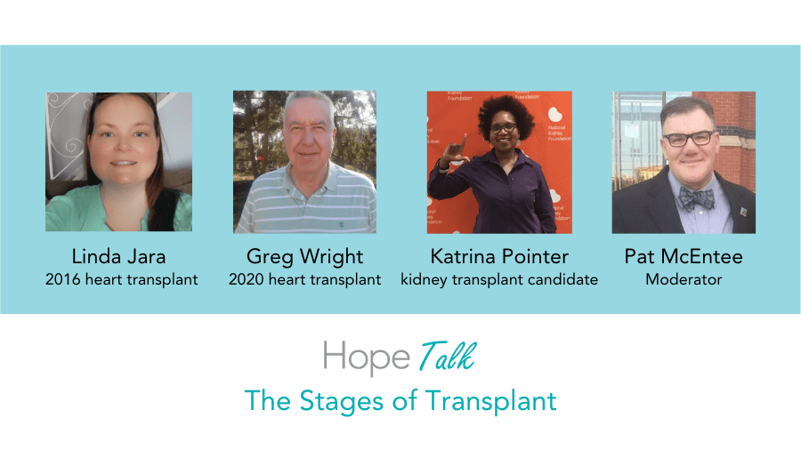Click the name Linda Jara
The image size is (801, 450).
click(118, 256)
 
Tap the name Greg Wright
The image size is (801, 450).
click(304, 257)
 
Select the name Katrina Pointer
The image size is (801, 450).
click(499, 256)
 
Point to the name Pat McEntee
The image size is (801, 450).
click(684, 256)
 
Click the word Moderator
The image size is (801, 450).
click(684, 279)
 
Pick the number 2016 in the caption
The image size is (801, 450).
click(63, 279)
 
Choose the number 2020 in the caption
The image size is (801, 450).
click(247, 279)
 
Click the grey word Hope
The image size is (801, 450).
click(367, 358)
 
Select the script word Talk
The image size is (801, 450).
click(448, 356)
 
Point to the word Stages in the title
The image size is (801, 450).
click(341, 401)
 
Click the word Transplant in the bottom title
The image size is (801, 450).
click(491, 401)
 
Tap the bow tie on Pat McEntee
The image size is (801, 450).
click(696, 198)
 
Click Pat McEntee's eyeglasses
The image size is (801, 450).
click(689, 138)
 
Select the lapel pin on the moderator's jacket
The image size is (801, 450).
click(743, 212)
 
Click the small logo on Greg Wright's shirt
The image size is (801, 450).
click(341, 223)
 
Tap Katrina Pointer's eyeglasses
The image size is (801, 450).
click(503, 128)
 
